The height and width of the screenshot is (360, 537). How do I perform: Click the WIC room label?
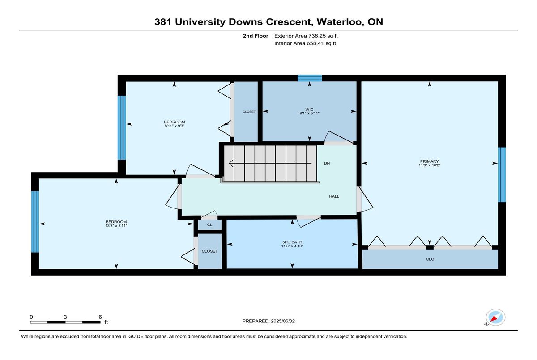point(309,110)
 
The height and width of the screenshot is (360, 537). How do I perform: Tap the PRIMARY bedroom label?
point(429,161)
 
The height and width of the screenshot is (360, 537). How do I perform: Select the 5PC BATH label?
point(292,242)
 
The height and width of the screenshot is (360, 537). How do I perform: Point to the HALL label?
point(334,196)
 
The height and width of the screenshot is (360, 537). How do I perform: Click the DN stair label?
point(327,163)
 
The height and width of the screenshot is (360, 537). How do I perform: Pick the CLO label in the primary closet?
point(430,259)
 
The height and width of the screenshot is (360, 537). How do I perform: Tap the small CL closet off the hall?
point(209,224)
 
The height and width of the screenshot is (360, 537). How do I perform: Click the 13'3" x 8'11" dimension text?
point(116,226)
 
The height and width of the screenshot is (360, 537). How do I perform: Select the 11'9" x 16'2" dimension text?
point(429,165)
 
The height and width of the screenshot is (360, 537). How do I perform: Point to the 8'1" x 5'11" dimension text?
point(309,113)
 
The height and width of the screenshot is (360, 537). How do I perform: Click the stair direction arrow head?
point(231,163)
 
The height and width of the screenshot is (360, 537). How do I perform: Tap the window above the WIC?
point(310,78)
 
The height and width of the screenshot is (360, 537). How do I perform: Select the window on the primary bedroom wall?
point(502,174)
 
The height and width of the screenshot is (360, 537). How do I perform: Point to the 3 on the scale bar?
point(65,317)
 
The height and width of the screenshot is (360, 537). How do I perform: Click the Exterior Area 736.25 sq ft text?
point(306,36)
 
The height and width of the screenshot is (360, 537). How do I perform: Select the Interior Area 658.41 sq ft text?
point(305,43)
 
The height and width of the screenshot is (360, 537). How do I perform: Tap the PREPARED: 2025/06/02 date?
point(268,321)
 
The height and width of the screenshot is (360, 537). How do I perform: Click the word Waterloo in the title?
point(339,22)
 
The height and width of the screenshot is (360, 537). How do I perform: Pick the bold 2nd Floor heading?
point(256,36)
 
